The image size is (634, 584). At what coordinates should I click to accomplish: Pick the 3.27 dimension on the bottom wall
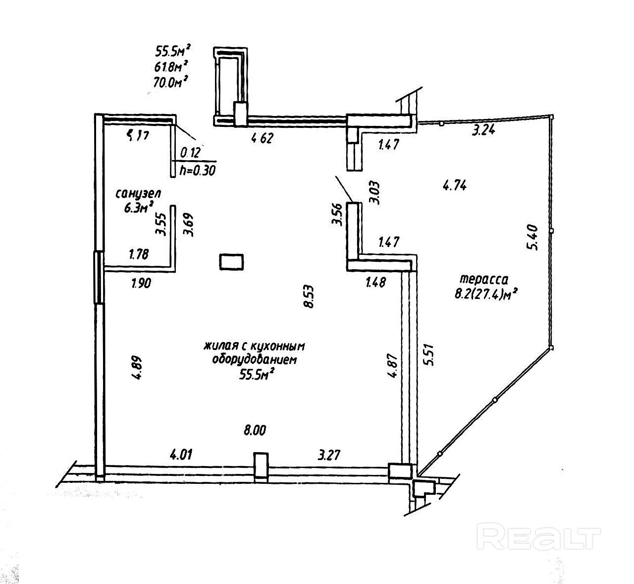pos(329,454)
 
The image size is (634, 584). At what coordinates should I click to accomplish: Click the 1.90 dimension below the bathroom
pos(141,284)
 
